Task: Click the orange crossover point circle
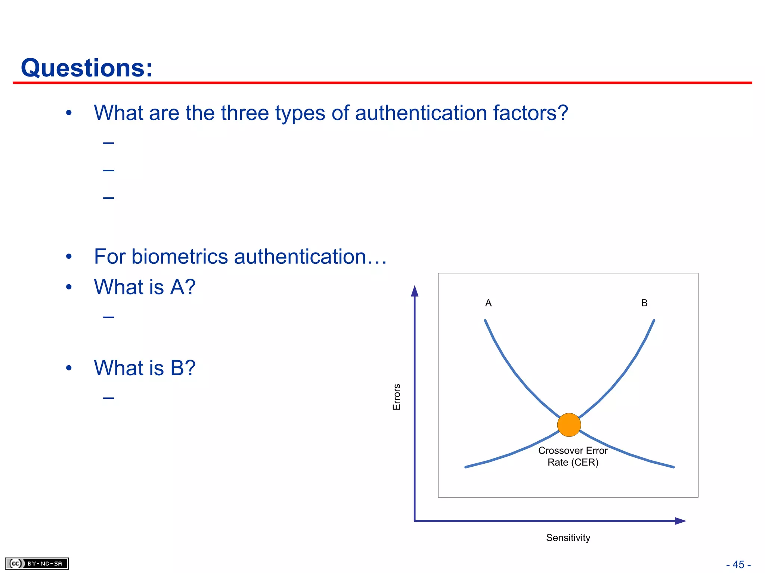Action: pyautogui.click(x=569, y=425)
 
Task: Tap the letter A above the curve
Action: pyautogui.click(x=488, y=303)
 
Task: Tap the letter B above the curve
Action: pyautogui.click(x=644, y=303)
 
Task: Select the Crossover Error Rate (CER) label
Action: pyautogui.click(x=573, y=456)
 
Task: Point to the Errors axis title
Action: pyautogui.click(x=397, y=397)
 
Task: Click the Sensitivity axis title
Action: pyautogui.click(x=568, y=538)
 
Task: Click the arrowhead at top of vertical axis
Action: pyautogui.click(x=415, y=291)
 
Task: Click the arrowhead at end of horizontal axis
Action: pyautogui.click(x=680, y=521)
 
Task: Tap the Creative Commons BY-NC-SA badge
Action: pyautogui.click(x=37, y=563)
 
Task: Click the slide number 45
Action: pyautogui.click(x=738, y=564)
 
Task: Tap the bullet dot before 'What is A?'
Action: pyautogui.click(x=69, y=287)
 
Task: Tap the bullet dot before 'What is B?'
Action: pyautogui.click(x=69, y=368)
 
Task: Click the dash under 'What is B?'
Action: pyautogui.click(x=109, y=398)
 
